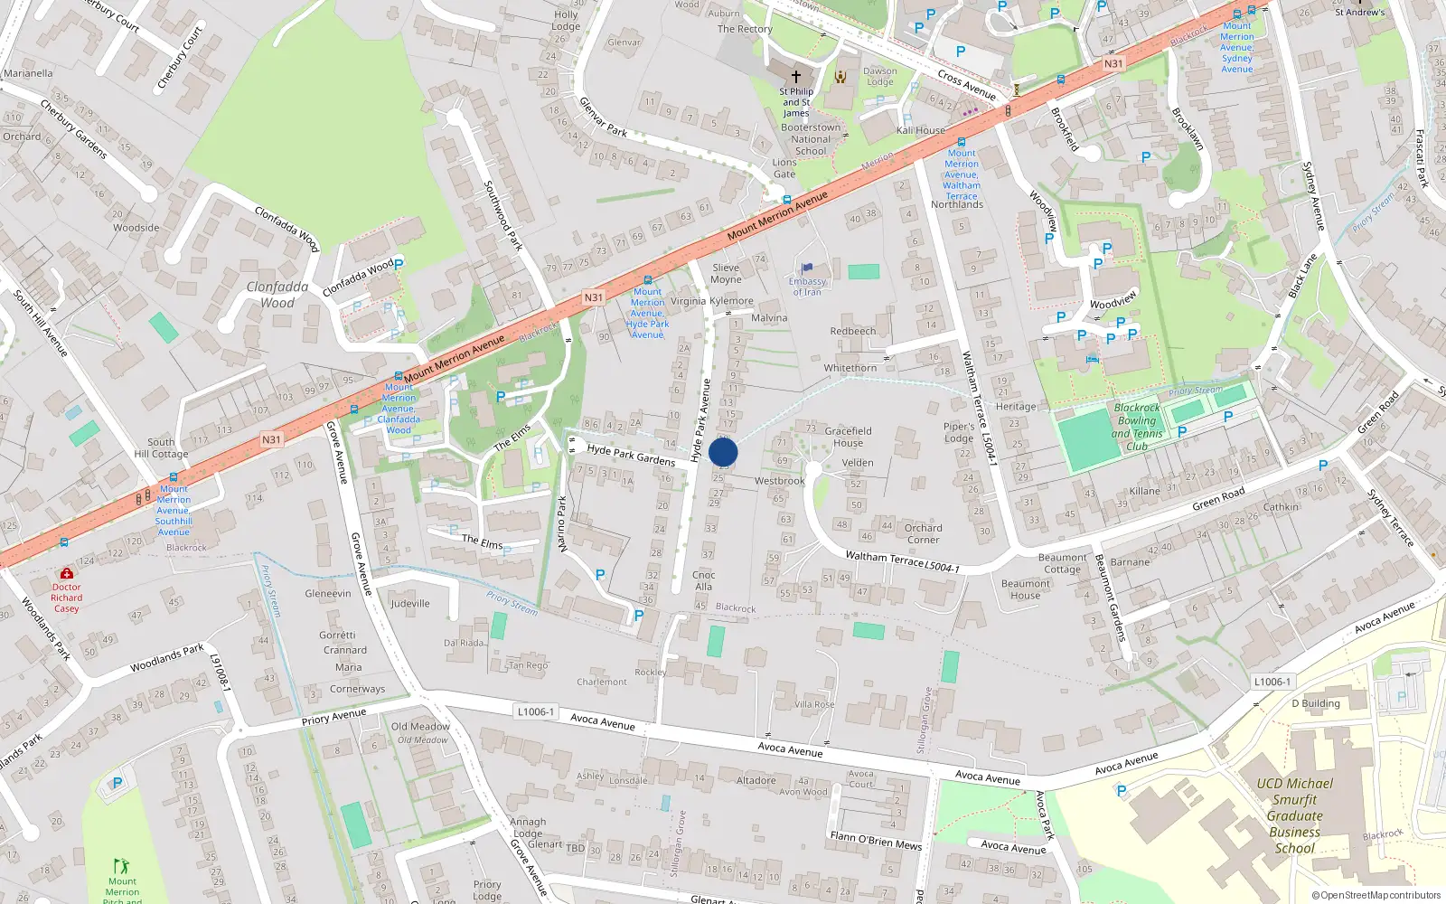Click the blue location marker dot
click(x=723, y=453)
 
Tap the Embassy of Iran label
click(x=807, y=287)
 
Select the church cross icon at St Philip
click(x=796, y=77)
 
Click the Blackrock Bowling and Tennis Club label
click(x=1137, y=427)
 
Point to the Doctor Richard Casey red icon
click(x=66, y=573)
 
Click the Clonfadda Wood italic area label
click(x=277, y=295)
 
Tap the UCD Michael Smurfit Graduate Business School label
click(x=1294, y=815)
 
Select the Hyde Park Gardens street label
click(x=631, y=455)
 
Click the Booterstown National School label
click(x=811, y=139)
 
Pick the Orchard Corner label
click(x=923, y=533)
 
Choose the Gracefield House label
click(x=848, y=437)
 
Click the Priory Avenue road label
click(x=334, y=718)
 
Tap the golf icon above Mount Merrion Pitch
click(x=121, y=866)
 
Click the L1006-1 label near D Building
click(x=1272, y=682)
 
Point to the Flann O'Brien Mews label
click(x=876, y=841)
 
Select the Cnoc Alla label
click(x=704, y=580)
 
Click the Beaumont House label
click(x=1025, y=589)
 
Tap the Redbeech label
click(x=853, y=331)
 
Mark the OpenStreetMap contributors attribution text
click(x=1376, y=895)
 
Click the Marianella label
click(x=28, y=73)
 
